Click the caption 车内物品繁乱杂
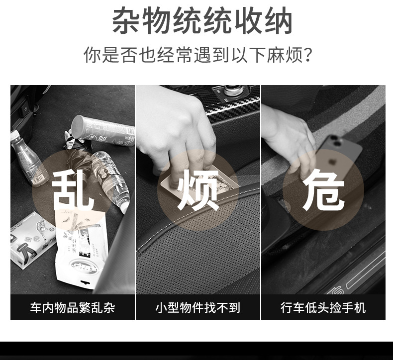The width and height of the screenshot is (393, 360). [x=73, y=308]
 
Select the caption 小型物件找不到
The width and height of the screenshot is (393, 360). [x=198, y=308]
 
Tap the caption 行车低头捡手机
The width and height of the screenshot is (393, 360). [x=323, y=308]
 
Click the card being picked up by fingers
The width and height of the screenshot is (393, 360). [x=200, y=181]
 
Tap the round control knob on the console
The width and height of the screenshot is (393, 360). [x=233, y=90]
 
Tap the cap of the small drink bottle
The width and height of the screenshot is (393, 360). [x=14, y=135]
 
